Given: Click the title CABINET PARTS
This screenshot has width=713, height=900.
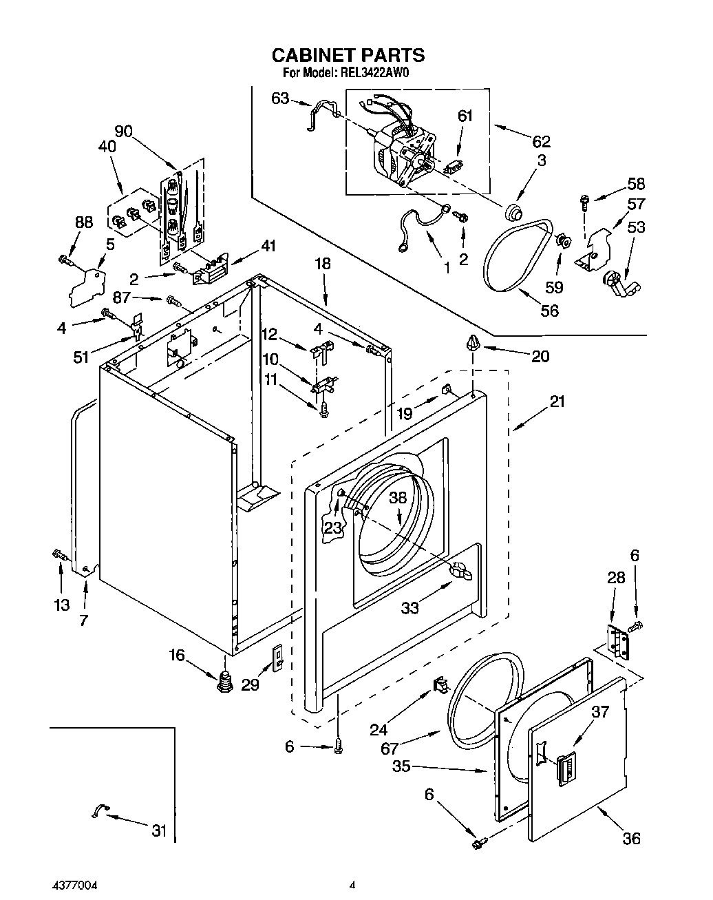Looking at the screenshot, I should click(348, 55).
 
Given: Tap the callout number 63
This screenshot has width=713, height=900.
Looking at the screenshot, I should click(280, 98).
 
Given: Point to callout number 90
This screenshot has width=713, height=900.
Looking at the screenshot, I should click(124, 132).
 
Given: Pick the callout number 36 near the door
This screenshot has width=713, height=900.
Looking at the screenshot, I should click(630, 838).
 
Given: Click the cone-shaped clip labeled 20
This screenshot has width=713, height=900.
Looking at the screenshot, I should click(473, 342).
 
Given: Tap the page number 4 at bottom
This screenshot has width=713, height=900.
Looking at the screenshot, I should click(352, 885).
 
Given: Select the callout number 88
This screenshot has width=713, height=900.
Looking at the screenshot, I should click(84, 222).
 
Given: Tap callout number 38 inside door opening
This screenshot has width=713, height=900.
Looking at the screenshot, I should click(398, 498).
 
